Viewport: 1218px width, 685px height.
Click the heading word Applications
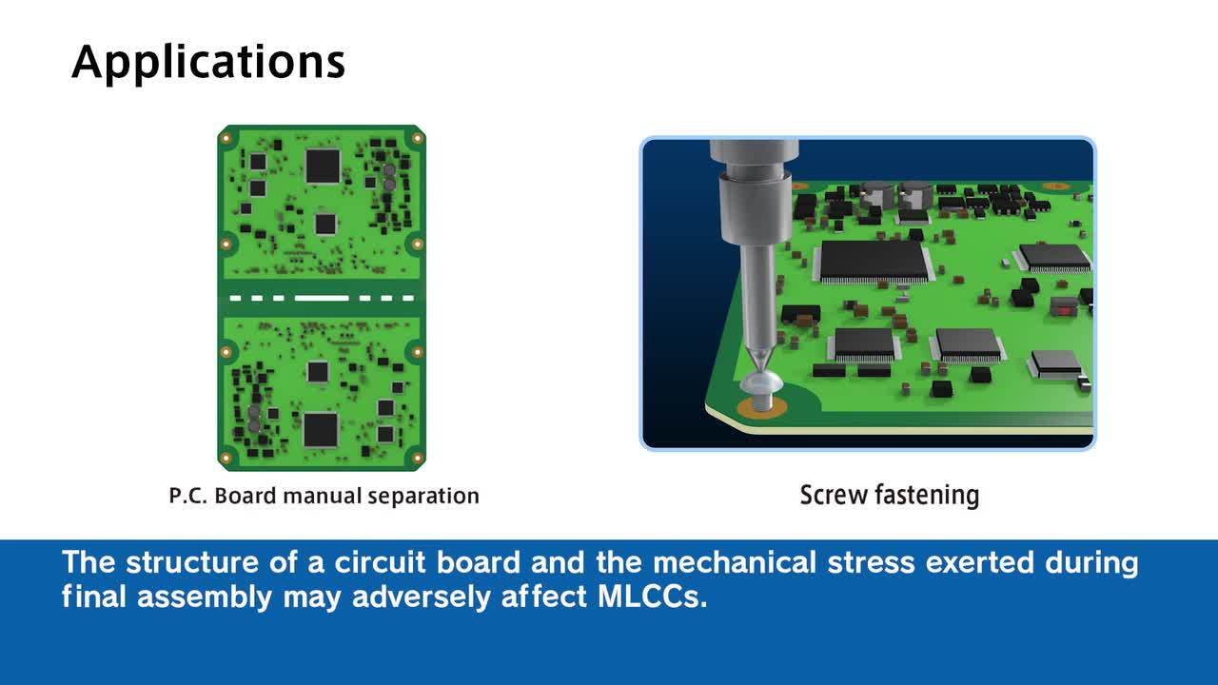pyautogui.click(x=208, y=63)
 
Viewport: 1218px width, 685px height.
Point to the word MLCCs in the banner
pyautogui.click(x=653, y=597)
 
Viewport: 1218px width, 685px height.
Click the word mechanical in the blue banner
pyautogui.click(x=734, y=562)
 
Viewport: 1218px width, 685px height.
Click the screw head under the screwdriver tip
pyautogui.click(x=759, y=382)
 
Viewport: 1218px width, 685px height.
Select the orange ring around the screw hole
pyautogui.click(x=761, y=406)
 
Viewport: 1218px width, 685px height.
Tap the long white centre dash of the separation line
pyautogui.click(x=322, y=298)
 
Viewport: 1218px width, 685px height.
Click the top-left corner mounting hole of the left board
pyautogui.click(x=226, y=138)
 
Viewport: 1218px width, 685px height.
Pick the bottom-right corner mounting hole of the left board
pyautogui.click(x=417, y=458)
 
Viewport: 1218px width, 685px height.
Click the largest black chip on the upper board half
pyautogui.click(x=323, y=166)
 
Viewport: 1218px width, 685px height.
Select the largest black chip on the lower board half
pyautogui.click(x=321, y=429)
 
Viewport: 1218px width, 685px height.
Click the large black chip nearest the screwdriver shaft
pyautogui.click(x=874, y=262)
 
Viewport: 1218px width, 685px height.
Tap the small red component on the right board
pyautogui.click(x=1064, y=310)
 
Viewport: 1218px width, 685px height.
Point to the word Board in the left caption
pyautogui.click(x=246, y=496)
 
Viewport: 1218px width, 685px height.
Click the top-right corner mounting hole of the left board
pyautogui.click(x=417, y=138)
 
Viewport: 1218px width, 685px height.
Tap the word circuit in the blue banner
pyautogui.click(x=380, y=562)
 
